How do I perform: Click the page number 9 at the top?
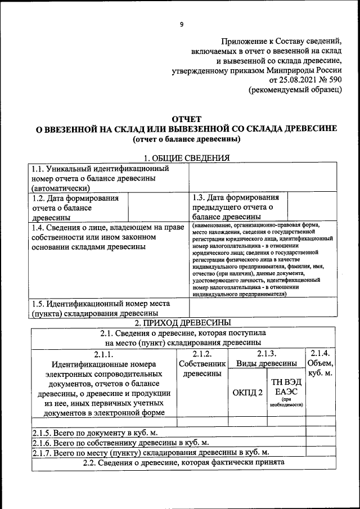point(181,24)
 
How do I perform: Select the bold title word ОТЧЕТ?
point(186,119)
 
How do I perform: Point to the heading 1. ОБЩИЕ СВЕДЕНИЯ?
point(186,158)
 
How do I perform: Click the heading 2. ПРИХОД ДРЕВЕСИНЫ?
point(183,322)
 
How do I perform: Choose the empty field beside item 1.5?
point(263,308)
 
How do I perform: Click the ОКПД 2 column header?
point(247,392)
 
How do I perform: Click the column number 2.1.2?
point(201,354)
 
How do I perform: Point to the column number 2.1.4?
point(321,354)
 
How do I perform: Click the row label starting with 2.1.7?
point(150,452)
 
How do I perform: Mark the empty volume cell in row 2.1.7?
point(321,452)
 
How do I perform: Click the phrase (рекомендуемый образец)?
point(295,90)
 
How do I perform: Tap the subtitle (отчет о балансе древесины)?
point(186,138)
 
